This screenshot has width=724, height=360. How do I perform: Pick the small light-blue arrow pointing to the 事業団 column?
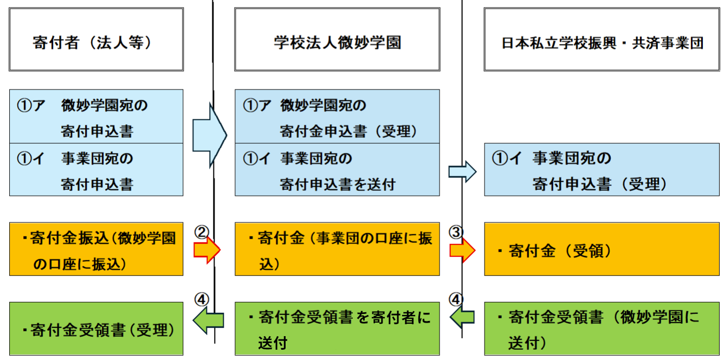(x=462, y=172)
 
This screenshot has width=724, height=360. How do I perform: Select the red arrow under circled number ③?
(x=462, y=250)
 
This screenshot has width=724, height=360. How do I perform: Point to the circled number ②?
(x=201, y=233)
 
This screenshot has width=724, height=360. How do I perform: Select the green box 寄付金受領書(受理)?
(x=96, y=330)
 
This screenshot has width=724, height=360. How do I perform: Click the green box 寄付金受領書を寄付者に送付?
(x=337, y=330)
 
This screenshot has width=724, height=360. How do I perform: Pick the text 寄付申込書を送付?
(x=337, y=184)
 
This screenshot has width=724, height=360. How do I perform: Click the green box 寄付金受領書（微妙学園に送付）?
(x=602, y=330)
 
